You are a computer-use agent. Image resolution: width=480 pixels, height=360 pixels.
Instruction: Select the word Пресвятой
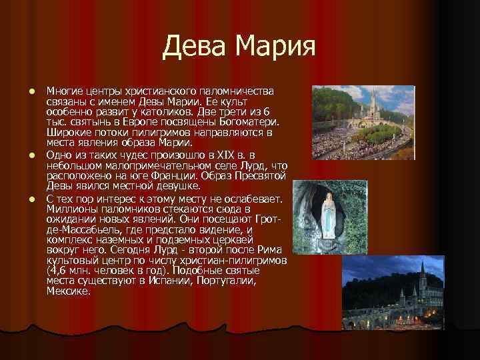click(261, 177)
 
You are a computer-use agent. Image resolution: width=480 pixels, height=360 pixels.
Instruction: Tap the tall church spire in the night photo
click(423, 273)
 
